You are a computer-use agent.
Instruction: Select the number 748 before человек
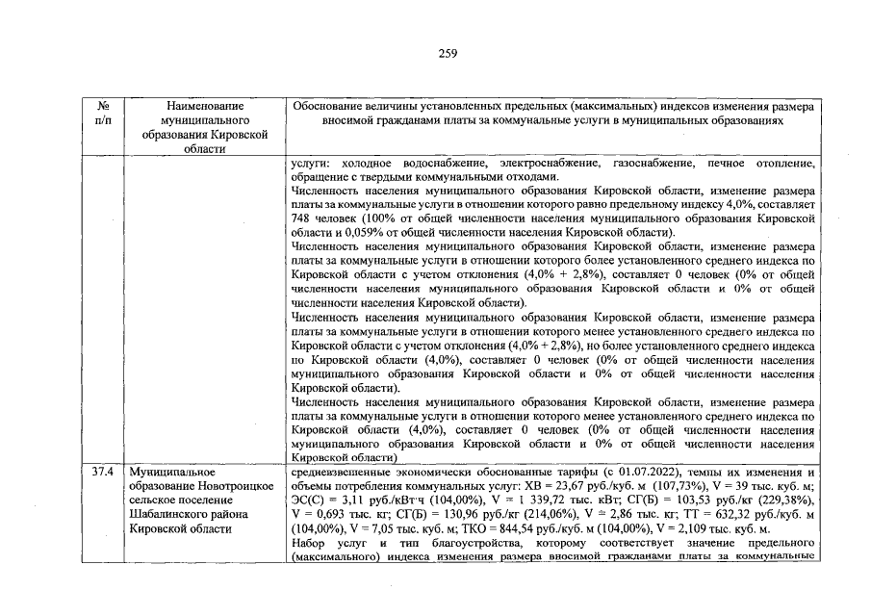[299, 218]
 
